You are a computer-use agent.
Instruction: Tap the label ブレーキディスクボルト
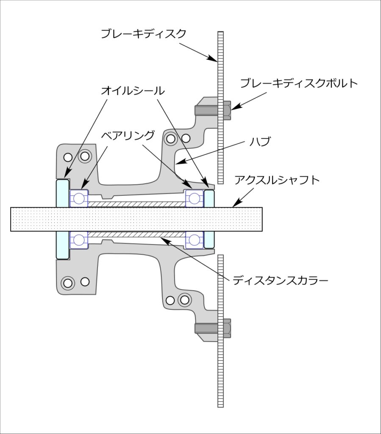[299, 83]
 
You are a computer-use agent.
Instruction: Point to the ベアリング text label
[128, 136]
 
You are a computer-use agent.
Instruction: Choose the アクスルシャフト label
[277, 180]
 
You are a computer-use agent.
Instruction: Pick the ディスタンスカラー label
[280, 281]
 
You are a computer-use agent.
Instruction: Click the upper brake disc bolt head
[227, 111]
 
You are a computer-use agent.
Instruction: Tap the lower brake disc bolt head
[227, 328]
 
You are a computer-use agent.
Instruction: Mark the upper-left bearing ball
[79, 198]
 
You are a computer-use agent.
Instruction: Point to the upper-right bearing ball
[194, 198]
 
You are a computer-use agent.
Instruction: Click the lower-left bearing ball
[79, 240]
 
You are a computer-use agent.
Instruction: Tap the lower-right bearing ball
[194, 240]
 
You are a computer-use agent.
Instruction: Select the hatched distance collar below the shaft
[136, 234]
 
